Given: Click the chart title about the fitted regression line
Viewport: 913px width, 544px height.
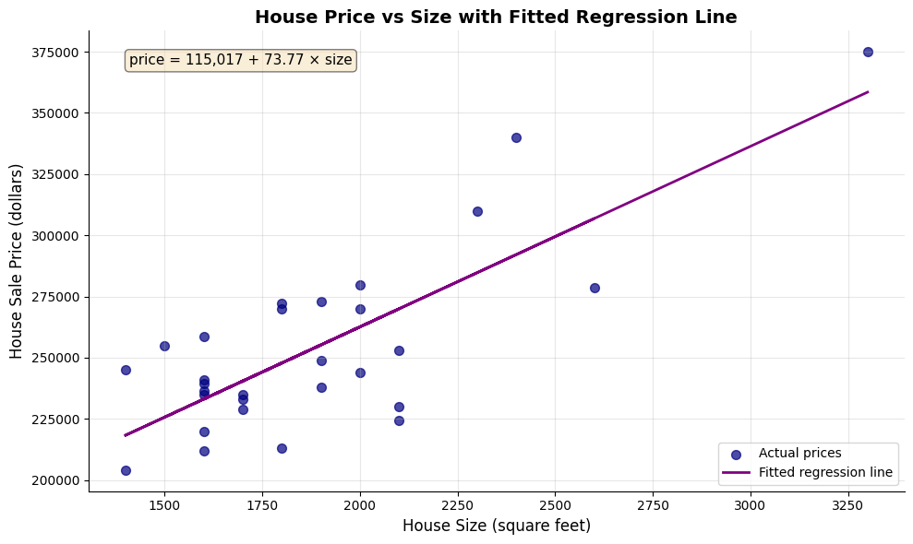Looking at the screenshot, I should [x=496, y=17].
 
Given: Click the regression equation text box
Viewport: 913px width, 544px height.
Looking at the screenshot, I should [x=240, y=60].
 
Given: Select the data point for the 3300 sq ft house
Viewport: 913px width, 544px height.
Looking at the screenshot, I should [x=868, y=52].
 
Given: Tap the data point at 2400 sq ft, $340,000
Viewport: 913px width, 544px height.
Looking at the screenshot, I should [x=516, y=137].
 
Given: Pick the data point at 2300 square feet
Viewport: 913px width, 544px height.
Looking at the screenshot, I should [x=477, y=211].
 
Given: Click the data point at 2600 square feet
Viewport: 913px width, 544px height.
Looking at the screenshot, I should [x=595, y=288].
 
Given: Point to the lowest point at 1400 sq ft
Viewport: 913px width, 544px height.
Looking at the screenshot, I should [x=126, y=470].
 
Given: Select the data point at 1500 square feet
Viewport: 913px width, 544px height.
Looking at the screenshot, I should [x=164, y=346].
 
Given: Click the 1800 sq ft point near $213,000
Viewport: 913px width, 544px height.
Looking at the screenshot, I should [x=282, y=448].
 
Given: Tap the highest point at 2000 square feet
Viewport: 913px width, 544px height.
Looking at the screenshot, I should [x=360, y=285].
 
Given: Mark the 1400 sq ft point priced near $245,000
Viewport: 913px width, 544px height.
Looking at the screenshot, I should [x=126, y=370].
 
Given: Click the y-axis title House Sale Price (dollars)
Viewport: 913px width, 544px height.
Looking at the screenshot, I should [x=17, y=261].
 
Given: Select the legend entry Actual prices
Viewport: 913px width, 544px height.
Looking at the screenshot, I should [x=799, y=453].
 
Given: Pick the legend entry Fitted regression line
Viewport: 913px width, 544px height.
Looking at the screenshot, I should [x=825, y=472].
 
